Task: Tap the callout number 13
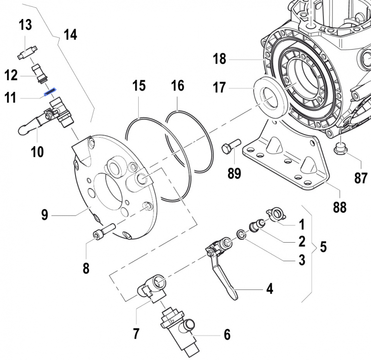coord(25,25)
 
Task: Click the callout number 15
coord(139,86)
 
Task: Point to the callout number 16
coord(177,86)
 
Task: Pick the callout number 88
coord(339,207)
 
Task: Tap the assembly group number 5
coord(323,247)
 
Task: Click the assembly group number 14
coord(70,35)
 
